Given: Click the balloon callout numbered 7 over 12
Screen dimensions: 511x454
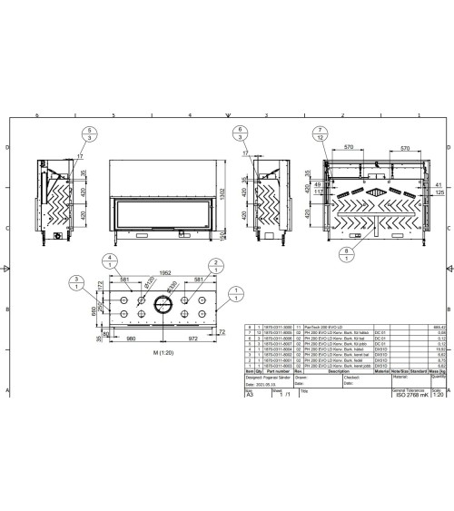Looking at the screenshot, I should click(321, 134).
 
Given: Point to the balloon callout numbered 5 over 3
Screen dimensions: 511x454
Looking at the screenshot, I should click(89, 134).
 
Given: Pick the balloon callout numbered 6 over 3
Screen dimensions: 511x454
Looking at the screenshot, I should click(239, 134).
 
